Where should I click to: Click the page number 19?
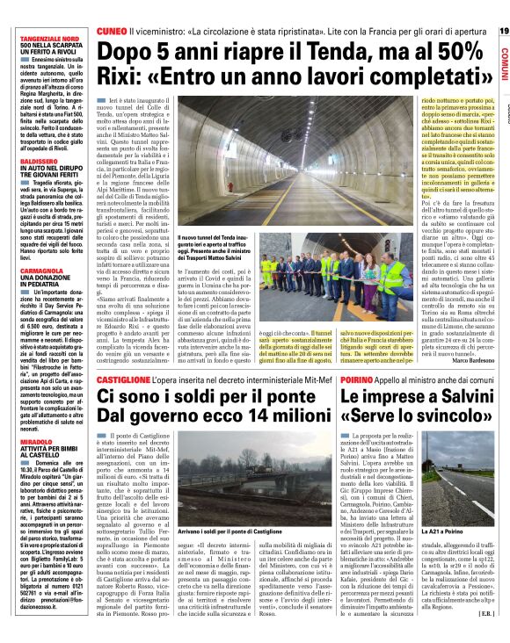point(503,31)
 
